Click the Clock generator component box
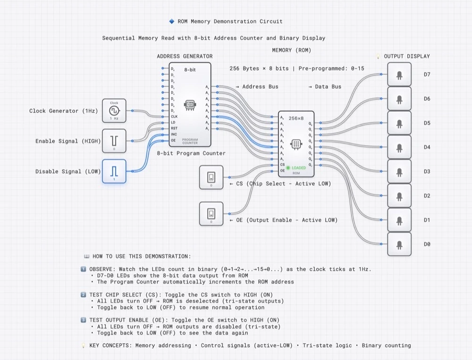point(114,111)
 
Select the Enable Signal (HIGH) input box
point(114,141)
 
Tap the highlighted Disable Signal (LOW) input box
point(114,171)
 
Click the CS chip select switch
point(211,177)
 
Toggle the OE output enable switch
point(211,214)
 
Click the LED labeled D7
point(399,75)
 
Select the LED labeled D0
point(399,244)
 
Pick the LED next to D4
point(399,147)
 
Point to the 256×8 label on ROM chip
point(296,118)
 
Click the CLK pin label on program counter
point(174,116)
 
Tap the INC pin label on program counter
point(174,134)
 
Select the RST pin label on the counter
point(174,128)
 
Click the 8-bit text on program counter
point(190,69)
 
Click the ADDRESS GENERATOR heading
point(185,56)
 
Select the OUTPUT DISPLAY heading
point(406,56)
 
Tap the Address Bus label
point(260,87)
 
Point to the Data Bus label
point(328,87)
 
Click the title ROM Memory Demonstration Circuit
point(230,21)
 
